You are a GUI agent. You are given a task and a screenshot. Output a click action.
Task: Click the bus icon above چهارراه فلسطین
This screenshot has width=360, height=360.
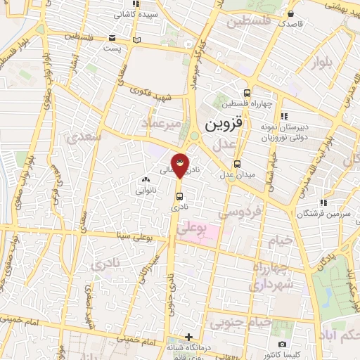[x=246, y=93]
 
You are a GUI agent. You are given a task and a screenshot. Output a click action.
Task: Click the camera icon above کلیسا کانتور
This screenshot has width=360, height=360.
[x=282, y=345]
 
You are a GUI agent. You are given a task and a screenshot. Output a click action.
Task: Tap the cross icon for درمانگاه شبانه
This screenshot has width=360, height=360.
[x=188, y=337]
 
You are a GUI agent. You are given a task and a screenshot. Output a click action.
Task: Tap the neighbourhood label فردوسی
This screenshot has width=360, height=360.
[x=240, y=211]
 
